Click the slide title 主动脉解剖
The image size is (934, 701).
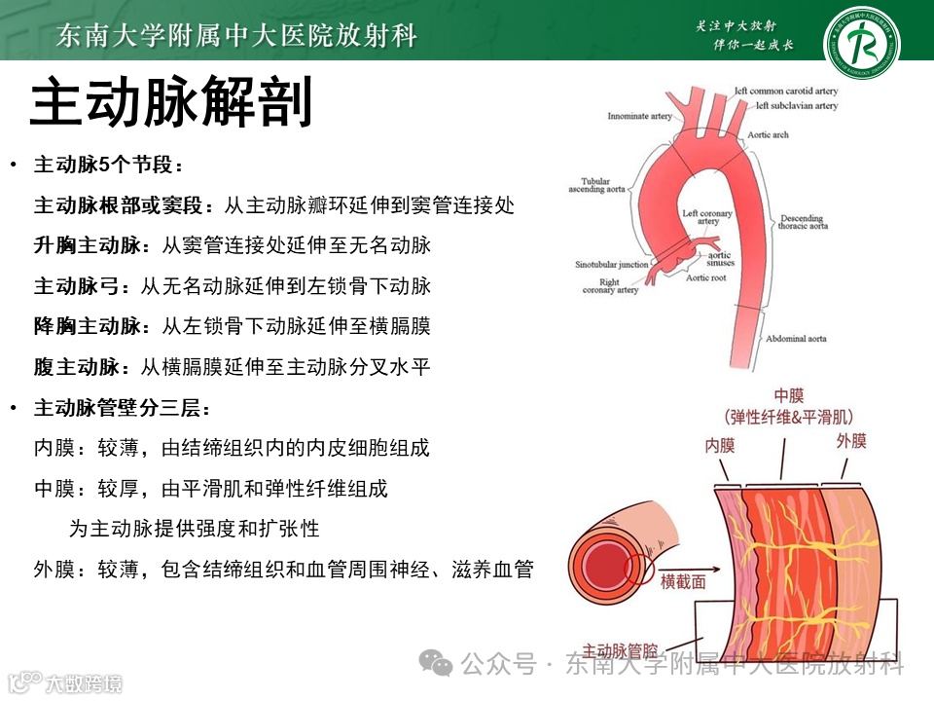click(171, 104)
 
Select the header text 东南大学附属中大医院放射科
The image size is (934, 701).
click(236, 37)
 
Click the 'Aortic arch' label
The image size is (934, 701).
click(768, 135)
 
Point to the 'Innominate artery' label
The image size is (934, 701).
click(638, 116)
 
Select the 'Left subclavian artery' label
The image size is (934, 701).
click(797, 105)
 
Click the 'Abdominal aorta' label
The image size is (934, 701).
click(796, 339)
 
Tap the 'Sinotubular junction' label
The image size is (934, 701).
click(611, 264)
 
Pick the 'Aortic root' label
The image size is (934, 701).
click(705, 278)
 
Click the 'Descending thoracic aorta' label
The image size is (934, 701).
click(803, 222)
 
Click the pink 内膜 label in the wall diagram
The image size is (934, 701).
click(720, 446)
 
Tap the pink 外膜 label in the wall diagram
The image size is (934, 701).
click(851, 441)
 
